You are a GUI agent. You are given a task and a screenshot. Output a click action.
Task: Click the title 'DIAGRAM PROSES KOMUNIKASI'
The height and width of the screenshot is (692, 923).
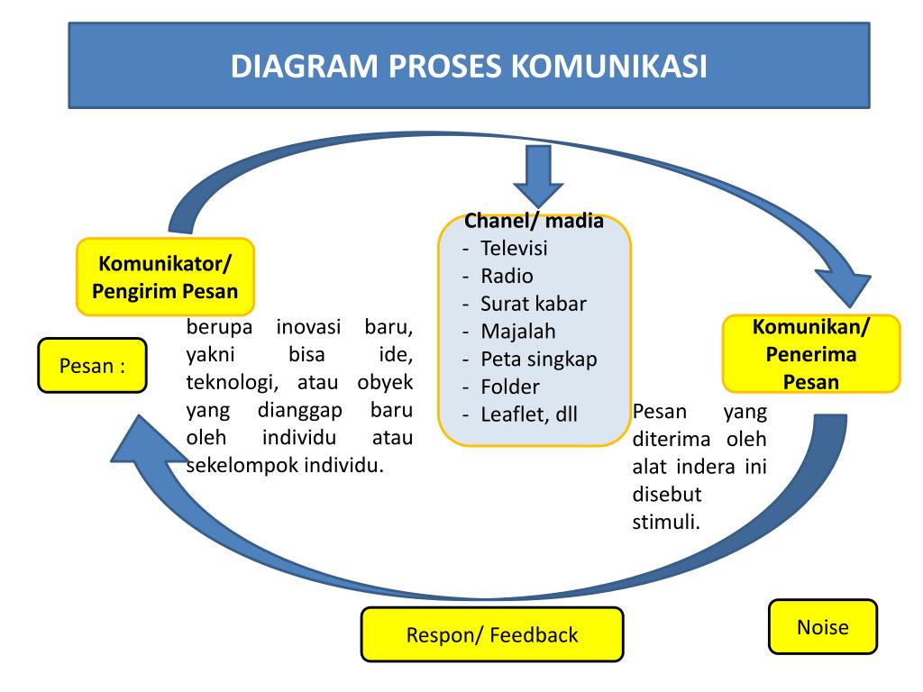[x=469, y=68]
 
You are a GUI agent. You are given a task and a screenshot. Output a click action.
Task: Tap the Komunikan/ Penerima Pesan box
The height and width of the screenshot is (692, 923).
[x=811, y=353]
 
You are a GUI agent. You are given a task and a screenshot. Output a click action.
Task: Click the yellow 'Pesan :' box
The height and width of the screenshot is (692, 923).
[x=92, y=366]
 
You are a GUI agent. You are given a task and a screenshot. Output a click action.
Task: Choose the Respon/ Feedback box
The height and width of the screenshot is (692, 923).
[x=491, y=635]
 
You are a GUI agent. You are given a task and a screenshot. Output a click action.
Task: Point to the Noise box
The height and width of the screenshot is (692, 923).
[x=822, y=626]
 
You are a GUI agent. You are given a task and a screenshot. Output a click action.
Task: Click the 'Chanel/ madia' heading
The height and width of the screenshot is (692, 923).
[x=534, y=222]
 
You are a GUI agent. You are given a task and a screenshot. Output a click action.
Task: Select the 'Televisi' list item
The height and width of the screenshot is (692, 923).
[x=514, y=249]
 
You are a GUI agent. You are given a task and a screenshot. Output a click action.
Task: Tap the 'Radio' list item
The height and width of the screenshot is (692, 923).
[x=507, y=276]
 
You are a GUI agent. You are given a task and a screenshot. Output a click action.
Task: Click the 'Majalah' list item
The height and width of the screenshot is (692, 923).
[x=518, y=332]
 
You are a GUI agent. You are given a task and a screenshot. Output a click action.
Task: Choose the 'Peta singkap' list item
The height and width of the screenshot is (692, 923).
[x=539, y=360]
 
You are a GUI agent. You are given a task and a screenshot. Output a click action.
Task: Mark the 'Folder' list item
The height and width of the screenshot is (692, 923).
[x=510, y=387]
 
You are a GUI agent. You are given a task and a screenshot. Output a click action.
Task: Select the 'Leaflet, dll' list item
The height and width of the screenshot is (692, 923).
[x=528, y=415]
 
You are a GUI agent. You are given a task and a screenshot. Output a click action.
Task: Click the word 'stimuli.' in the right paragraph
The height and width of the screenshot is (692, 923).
[x=666, y=522]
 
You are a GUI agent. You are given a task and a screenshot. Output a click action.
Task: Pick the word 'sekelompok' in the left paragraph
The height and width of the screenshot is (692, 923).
[x=231, y=466]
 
